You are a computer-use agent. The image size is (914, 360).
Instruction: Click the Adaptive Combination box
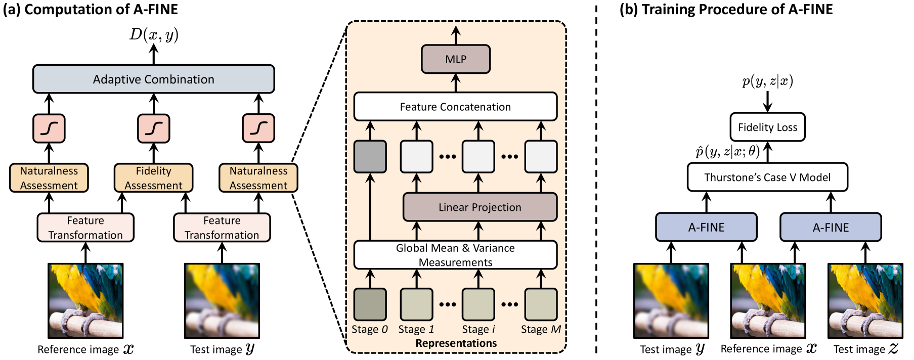pos(153,79)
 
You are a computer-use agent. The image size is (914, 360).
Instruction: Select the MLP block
pos(455,59)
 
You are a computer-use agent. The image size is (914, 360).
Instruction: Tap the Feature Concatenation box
pos(455,107)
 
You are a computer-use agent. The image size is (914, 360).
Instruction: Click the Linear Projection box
pos(480,207)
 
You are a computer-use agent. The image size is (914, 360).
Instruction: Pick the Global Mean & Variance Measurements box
pos(455,255)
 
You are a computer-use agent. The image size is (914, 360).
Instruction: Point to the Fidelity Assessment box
pos(153,178)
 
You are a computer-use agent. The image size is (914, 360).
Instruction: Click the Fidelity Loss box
pos(767,127)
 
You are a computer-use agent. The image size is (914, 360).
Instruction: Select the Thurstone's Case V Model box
pos(767,177)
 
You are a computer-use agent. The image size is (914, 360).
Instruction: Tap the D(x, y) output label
pos(154,34)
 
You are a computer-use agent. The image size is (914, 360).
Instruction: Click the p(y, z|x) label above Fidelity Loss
pos(767,81)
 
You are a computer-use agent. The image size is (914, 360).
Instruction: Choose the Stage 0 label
pos(370,330)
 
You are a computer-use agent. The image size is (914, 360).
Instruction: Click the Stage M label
pos(541,330)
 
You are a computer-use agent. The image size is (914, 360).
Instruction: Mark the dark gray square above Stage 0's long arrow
pos(370,157)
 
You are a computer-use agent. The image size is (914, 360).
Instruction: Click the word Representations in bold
pos(456,343)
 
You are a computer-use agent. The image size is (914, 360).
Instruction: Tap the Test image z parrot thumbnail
pos(865,301)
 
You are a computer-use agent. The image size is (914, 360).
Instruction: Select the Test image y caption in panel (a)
pos(222,349)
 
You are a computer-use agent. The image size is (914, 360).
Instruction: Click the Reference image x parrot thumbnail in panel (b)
pos(768,301)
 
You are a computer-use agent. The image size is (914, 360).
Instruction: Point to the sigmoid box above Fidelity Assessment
pos(153,128)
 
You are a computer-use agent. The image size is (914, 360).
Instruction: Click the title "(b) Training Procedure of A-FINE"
pos(726,9)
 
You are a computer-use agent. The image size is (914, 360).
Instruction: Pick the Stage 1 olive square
pos(416,304)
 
